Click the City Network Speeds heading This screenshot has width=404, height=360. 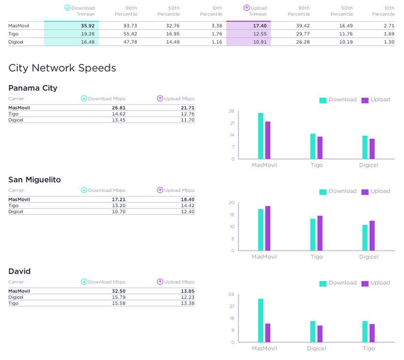(62, 68)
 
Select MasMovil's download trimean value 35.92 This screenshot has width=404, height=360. (87, 26)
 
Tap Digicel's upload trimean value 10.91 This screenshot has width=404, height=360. (260, 42)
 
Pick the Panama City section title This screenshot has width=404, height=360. (33, 88)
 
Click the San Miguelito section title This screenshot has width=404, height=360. (34, 180)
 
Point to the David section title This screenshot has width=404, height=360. (19, 271)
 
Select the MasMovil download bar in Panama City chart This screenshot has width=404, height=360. (260, 136)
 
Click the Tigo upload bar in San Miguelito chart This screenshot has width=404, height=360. (320, 233)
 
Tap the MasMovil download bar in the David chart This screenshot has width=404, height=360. (260, 320)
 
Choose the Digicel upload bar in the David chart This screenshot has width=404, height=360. (320, 334)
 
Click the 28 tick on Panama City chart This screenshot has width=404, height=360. (232, 111)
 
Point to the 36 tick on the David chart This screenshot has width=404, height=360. (232, 294)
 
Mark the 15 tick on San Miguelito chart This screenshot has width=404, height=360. (232, 215)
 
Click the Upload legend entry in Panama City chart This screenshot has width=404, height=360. (376, 100)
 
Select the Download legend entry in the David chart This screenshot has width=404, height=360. (338, 283)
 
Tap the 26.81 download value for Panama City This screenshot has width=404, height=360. (119, 108)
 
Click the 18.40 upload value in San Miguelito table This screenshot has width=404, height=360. (188, 199)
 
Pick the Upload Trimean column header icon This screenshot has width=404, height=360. (247, 8)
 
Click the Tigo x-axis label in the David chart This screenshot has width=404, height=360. (369, 349)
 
